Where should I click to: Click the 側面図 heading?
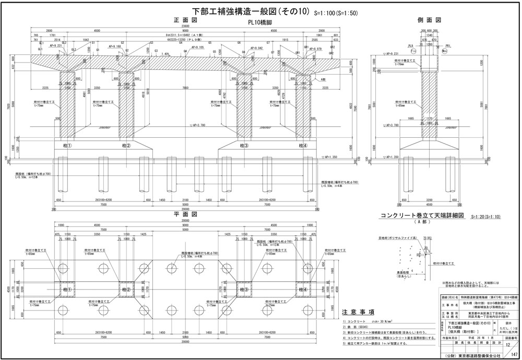(x=430, y=20)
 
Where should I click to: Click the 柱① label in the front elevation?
(x=67, y=145)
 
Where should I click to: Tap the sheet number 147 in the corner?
(x=514, y=355)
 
